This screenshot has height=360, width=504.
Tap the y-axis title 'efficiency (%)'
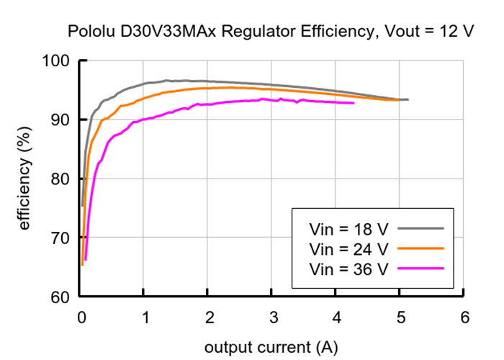24,178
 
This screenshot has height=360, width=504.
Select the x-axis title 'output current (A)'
270,347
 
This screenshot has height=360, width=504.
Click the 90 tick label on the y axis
58,120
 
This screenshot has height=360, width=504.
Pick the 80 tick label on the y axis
58,179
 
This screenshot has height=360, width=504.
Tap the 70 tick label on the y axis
58,238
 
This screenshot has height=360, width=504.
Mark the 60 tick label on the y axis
58,297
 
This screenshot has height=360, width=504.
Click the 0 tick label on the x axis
81,317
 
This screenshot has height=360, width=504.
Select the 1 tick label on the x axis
145,317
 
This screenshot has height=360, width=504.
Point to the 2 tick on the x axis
209,317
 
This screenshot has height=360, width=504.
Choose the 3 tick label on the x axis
273,317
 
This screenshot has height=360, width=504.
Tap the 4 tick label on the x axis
336,317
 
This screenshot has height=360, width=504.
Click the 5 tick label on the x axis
400,317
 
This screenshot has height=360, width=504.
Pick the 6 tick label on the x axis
464,317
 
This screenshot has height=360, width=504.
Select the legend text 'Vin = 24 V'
348,249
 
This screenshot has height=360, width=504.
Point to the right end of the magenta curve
354,103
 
